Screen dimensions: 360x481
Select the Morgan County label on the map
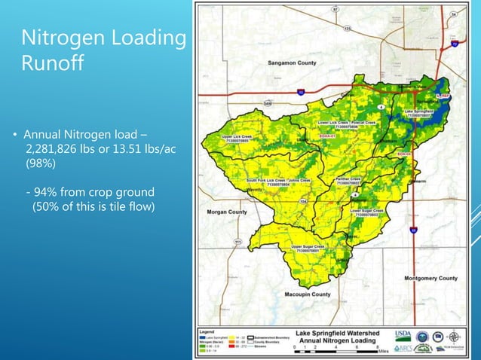tap(226, 212)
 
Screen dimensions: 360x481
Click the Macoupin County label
tap(308, 294)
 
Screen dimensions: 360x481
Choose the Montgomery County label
tap(430, 279)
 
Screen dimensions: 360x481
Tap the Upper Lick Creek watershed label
tap(236, 139)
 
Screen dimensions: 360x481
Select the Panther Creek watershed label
tap(348, 181)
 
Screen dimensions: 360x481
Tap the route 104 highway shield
tap(304, 202)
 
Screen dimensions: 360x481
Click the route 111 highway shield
tap(238, 242)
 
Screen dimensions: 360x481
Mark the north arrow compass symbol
tap(456, 337)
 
